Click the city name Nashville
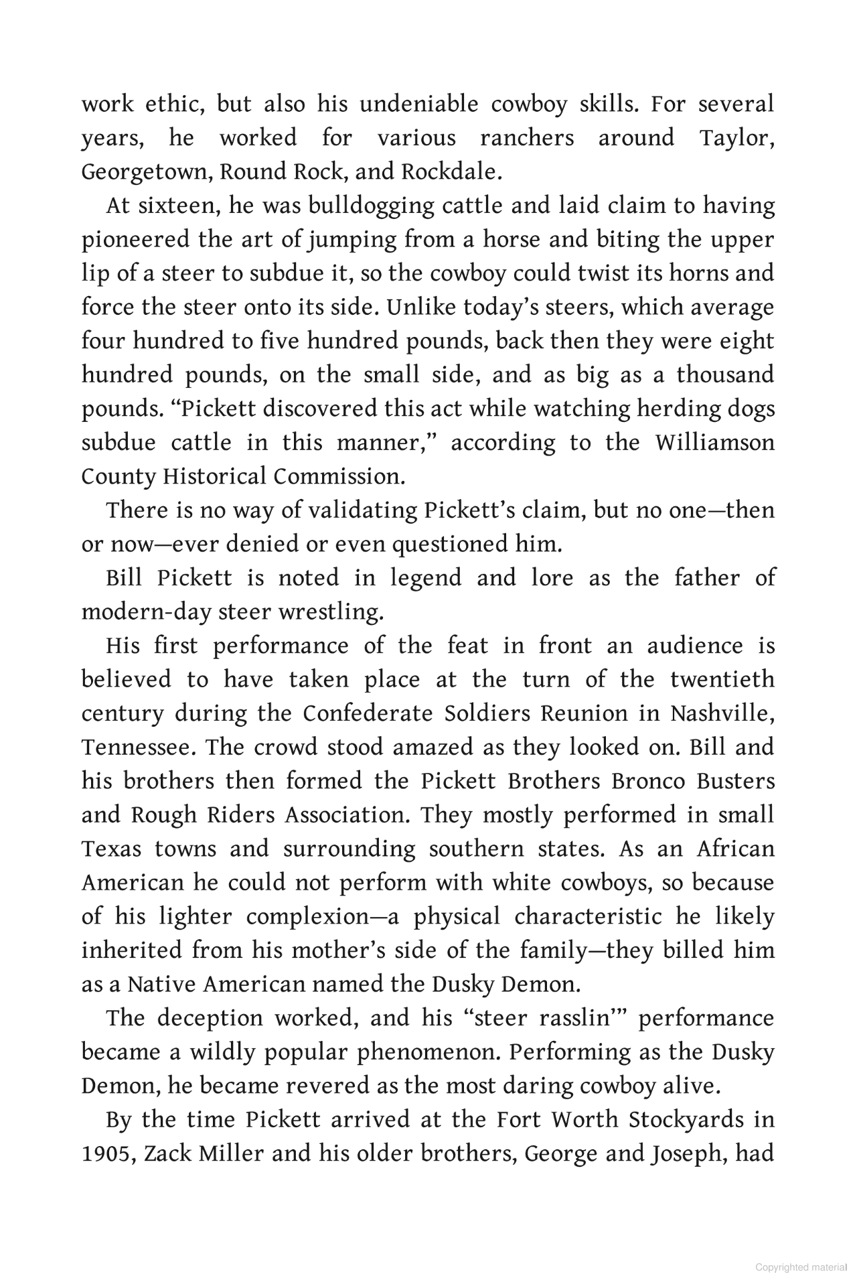point(722,713)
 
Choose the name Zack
point(168,1153)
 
